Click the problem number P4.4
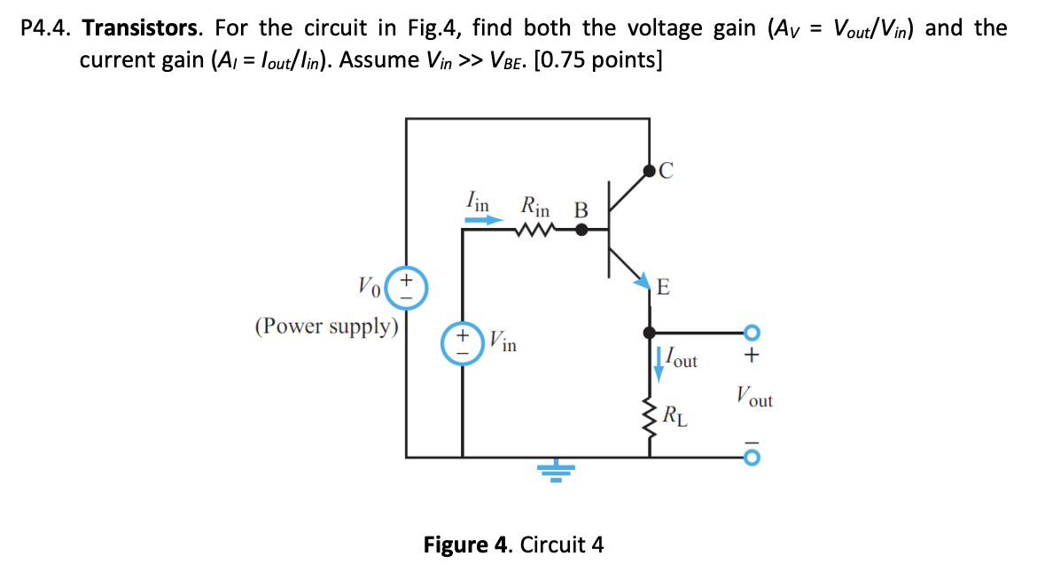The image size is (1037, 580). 47,27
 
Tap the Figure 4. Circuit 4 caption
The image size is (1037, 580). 513,544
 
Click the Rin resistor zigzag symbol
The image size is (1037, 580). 534,230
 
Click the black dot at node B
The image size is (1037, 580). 581,230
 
